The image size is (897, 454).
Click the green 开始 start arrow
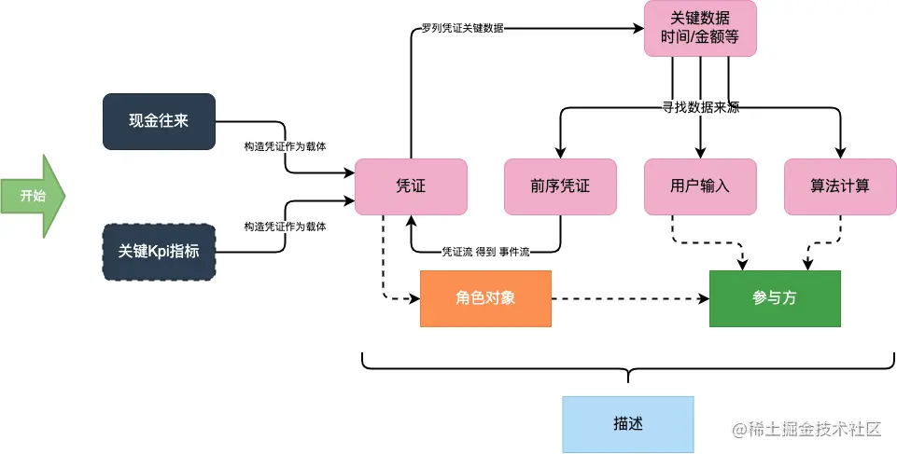tap(32, 196)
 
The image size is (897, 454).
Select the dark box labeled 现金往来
tap(159, 121)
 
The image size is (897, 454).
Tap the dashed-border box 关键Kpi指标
tap(159, 252)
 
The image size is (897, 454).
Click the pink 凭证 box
tap(411, 186)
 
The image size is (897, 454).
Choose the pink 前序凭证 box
tap(560, 186)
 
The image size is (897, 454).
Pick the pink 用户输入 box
tap(700, 186)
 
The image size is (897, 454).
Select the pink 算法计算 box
tap(840, 186)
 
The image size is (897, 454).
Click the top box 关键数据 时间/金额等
tap(700, 28)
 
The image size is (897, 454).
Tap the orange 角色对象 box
tap(485, 298)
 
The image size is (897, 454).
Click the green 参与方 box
tap(775, 298)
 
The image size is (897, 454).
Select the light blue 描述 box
tap(628, 423)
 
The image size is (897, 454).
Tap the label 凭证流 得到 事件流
tap(485, 252)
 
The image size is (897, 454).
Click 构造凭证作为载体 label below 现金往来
tap(285, 146)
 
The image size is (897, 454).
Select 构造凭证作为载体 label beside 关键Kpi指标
tap(285, 227)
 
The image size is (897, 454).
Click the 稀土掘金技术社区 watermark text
tap(807, 429)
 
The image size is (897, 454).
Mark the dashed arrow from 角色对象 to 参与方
tap(630, 298)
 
